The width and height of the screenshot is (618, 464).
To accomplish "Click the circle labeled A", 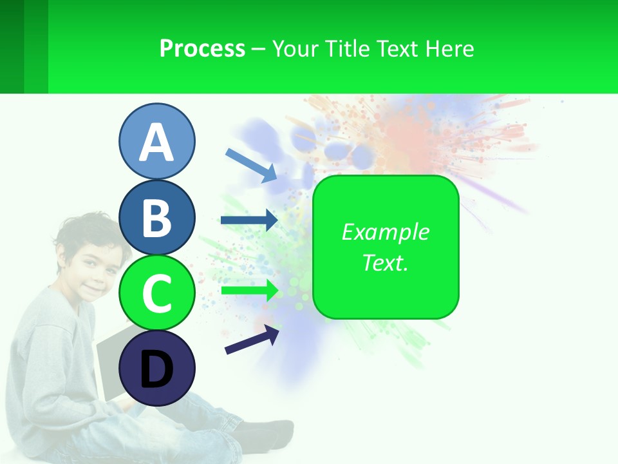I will click(x=156, y=141).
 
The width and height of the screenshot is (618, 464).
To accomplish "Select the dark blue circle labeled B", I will click(x=156, y=217).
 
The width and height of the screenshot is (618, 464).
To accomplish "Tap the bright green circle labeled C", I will click(x=156, y=293).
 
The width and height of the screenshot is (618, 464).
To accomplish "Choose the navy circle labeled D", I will click(x=156, y=369).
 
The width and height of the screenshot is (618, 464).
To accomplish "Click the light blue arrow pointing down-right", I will click(x=251, y=164).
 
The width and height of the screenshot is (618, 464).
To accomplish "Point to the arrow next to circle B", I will click(x=249, y=220).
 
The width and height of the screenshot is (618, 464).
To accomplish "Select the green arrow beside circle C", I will click(x=249, y=290).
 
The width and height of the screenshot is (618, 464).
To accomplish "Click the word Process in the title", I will click(x=202, y=48).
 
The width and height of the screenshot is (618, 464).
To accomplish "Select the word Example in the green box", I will click(x=385, y=232).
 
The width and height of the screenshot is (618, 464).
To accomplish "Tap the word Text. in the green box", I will click(x=385, y=262).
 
